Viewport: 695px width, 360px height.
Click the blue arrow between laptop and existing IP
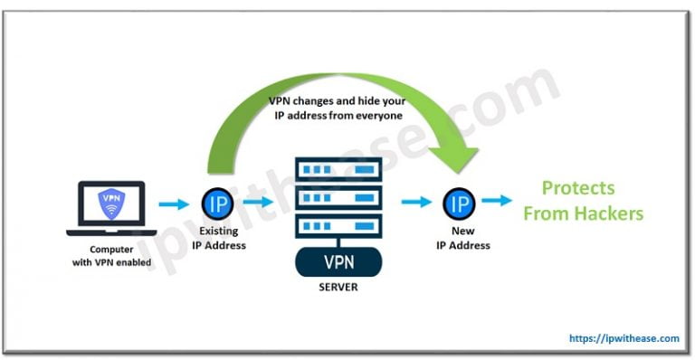click(172, 203)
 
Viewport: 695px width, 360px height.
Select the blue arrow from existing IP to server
click(258, 203)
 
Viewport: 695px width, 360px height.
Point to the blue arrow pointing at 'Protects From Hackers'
click(496, 202)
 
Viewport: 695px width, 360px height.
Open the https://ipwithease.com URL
click(624, 338)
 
